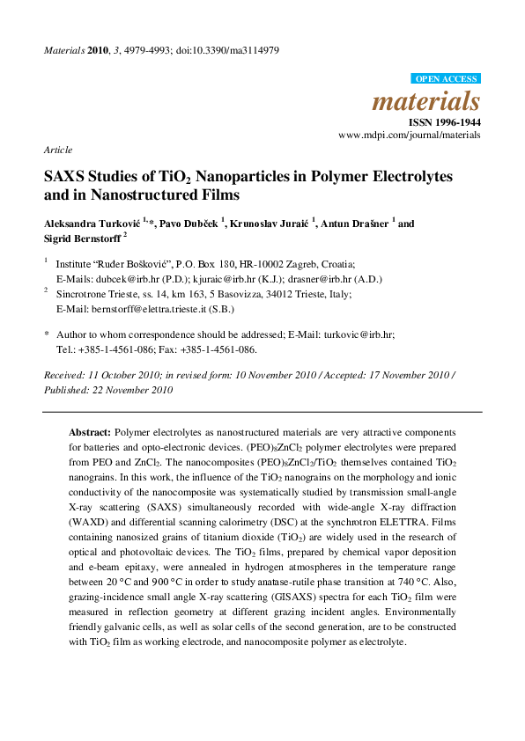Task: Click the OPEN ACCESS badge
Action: pos(447,79)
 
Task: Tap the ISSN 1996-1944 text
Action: pos(444,121)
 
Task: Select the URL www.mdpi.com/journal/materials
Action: pos(410,136)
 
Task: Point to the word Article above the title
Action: pos(58,150)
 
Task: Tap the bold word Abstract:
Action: pos(90,434)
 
